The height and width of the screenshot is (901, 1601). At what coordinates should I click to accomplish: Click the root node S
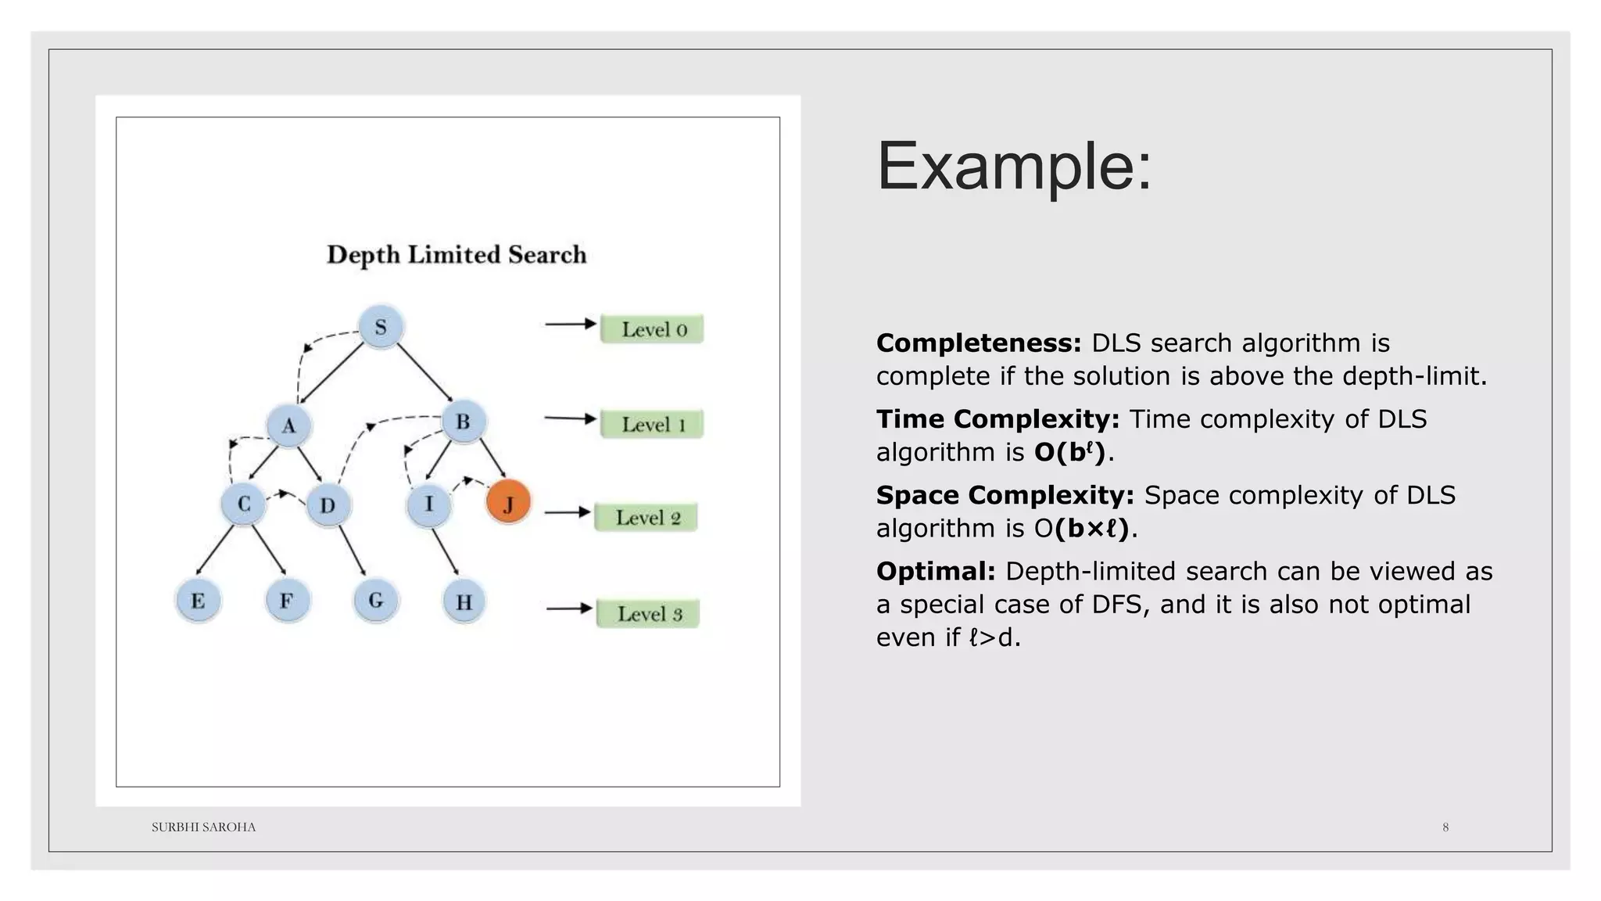tap(381, 327)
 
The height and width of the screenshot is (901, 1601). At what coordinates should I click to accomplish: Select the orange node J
tap(508, 502)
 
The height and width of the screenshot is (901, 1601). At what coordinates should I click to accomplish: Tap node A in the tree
tap(289, 426)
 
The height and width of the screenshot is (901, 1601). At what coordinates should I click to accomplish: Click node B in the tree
tap(464, 422)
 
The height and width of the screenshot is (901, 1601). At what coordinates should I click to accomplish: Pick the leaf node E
tap(198, 601)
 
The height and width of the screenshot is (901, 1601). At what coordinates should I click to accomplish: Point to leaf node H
tap(464, 602)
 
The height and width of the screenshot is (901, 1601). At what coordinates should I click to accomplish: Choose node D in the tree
tap(328, 505)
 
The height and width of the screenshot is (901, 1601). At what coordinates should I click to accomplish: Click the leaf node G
tap(376, 601)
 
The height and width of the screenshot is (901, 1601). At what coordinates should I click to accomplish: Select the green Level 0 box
tap(652, 329)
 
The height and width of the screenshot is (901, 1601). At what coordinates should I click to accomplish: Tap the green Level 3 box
tap(648, 614)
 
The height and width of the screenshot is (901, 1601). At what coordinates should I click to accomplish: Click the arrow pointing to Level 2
tap(568, 512)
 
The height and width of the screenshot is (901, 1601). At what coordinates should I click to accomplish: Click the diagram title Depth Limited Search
tap(457, 255)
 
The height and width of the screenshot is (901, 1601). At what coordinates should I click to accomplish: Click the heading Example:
tap(1014, 166)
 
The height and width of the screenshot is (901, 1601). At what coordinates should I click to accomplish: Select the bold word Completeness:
tap(978, 343)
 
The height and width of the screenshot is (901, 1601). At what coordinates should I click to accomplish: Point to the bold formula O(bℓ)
tap(1069, 452)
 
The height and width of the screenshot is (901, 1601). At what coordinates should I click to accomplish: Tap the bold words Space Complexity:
tap(1005, 495)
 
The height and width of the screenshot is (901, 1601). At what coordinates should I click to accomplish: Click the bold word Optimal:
tap(935, 571)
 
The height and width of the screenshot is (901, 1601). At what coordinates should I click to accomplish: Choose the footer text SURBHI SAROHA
tap(203, 827)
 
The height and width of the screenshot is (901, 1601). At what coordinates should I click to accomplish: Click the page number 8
tap(1445, 827)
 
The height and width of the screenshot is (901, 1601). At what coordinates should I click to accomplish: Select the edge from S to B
tap(425, 374)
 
